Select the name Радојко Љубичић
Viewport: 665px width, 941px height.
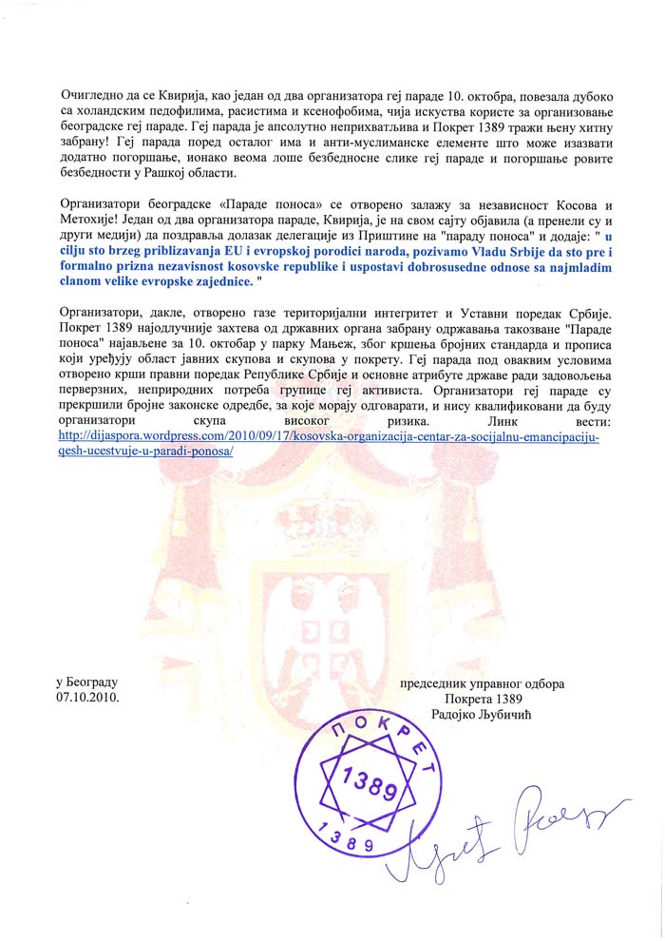coord(471,714)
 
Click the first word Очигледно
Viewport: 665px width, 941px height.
coord(92,97)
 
